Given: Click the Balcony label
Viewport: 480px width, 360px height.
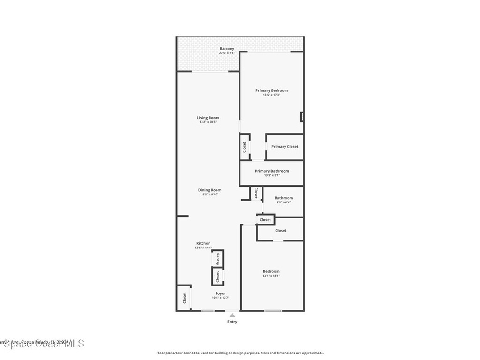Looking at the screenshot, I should (x=227, y=49).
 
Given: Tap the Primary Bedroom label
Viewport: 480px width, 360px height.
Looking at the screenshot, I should (x=271, y=90).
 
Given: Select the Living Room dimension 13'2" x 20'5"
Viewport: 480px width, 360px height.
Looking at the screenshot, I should (x=208, y=122).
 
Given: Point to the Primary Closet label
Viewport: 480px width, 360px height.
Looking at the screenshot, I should (x=285, y=147).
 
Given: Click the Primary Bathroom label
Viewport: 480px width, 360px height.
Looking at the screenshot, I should (x=272, y=171).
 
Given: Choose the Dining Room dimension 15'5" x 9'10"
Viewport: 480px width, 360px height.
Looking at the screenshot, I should (x=210, y=195).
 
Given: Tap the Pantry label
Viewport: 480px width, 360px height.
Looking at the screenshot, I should (x=217, y=259).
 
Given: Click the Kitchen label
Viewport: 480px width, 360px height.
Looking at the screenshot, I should (x=203, y=243).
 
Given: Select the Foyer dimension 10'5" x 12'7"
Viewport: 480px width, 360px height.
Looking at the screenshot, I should (x=220, y=298).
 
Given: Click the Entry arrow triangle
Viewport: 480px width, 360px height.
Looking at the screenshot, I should (x=232, y=315).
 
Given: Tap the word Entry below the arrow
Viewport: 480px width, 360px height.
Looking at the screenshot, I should (x=232, y=322).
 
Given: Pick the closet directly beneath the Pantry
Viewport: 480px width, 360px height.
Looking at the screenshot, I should (x=217, y=277).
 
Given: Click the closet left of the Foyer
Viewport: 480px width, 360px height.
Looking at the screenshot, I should (x=184, y=298).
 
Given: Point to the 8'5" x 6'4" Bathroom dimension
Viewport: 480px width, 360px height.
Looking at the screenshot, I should (x=283, y=202).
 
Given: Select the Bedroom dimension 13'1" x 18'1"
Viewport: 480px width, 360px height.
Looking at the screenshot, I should (x=271, y=276).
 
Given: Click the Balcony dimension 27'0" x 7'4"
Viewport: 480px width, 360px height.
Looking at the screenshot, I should (x=227, y=53).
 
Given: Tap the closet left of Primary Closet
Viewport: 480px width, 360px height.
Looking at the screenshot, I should (x=244, y=147).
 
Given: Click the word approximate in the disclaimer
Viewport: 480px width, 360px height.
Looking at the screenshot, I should (x=313, y=353).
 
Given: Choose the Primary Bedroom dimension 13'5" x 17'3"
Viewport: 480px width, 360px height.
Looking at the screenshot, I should (x=271, y=95).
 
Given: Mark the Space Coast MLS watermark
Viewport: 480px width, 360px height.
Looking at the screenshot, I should (x=42, y=344).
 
